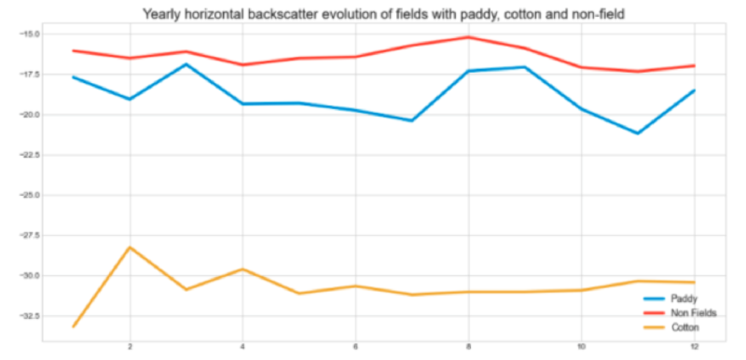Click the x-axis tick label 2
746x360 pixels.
tap(130, 347)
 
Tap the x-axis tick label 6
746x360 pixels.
tap(355, 347)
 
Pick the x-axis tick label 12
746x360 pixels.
tap(694, 347)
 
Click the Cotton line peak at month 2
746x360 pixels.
tap(130, 247)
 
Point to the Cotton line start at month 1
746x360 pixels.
tap(74, 326)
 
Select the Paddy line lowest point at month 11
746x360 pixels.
tap(638, 133)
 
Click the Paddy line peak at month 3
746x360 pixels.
tap(186, 64)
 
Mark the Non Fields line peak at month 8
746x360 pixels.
tap(468, 37)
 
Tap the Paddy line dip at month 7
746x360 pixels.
tap(412, 120)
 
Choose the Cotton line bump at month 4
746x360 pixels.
tap(242, 269)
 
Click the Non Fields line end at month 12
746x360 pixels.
tap(694, 65)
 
